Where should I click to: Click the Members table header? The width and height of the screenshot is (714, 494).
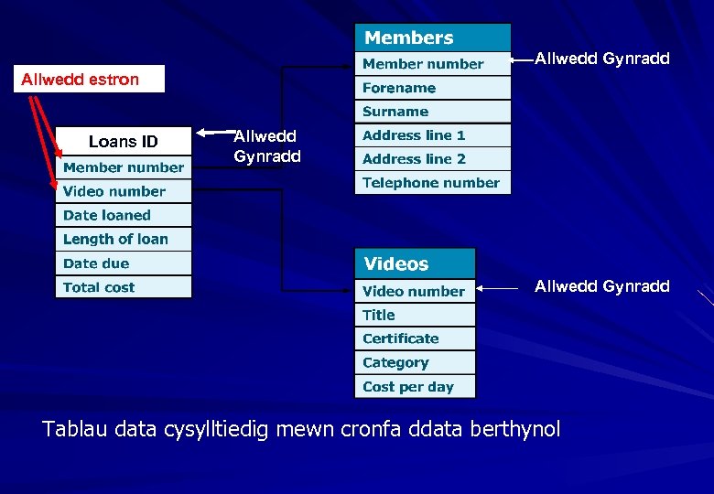pyautogui.click(x=432, y=38)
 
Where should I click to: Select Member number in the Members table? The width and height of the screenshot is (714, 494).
pyautogui.click(x=432, y=64)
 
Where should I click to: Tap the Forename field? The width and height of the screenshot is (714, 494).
pyautogui.click(x=432, y=88)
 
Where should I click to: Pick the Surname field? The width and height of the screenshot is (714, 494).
pyautogui.click(x=432, y=112)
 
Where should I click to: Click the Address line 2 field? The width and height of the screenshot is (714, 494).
pyautogui.click(x=432, y=159)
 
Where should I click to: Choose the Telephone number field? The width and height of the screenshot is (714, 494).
pyautogui.click(x=432, y=183)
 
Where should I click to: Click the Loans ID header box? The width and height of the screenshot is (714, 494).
pyautogui.click(x=124, y=142)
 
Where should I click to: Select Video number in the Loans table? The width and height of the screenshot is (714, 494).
pyautogui.click(x=124, y=192)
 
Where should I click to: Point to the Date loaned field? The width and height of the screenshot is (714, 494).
pyautogui.click(x=124, y=216)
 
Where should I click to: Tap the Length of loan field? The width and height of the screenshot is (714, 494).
pyautogui.click(x=124, y=240)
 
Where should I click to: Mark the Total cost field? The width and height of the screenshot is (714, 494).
pyautogui.click(x=124, y=287)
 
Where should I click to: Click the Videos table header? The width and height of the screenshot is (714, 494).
pyautogui.click(x=415, y=264)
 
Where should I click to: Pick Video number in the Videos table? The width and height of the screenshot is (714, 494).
pyautogui.click(x=415, y=292)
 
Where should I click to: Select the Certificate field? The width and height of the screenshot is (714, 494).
pyautogui.click(x=415, y=338)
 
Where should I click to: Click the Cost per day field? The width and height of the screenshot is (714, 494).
pyautogui.click(x=415, y=387)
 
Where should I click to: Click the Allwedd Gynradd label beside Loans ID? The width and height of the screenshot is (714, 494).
pyautogui.click(x=266, y=146)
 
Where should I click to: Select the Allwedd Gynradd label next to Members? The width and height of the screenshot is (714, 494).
pyautogui.click(x=601, y=59)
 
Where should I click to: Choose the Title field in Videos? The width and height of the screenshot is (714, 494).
pyautogui.click(x=415, y=315)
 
